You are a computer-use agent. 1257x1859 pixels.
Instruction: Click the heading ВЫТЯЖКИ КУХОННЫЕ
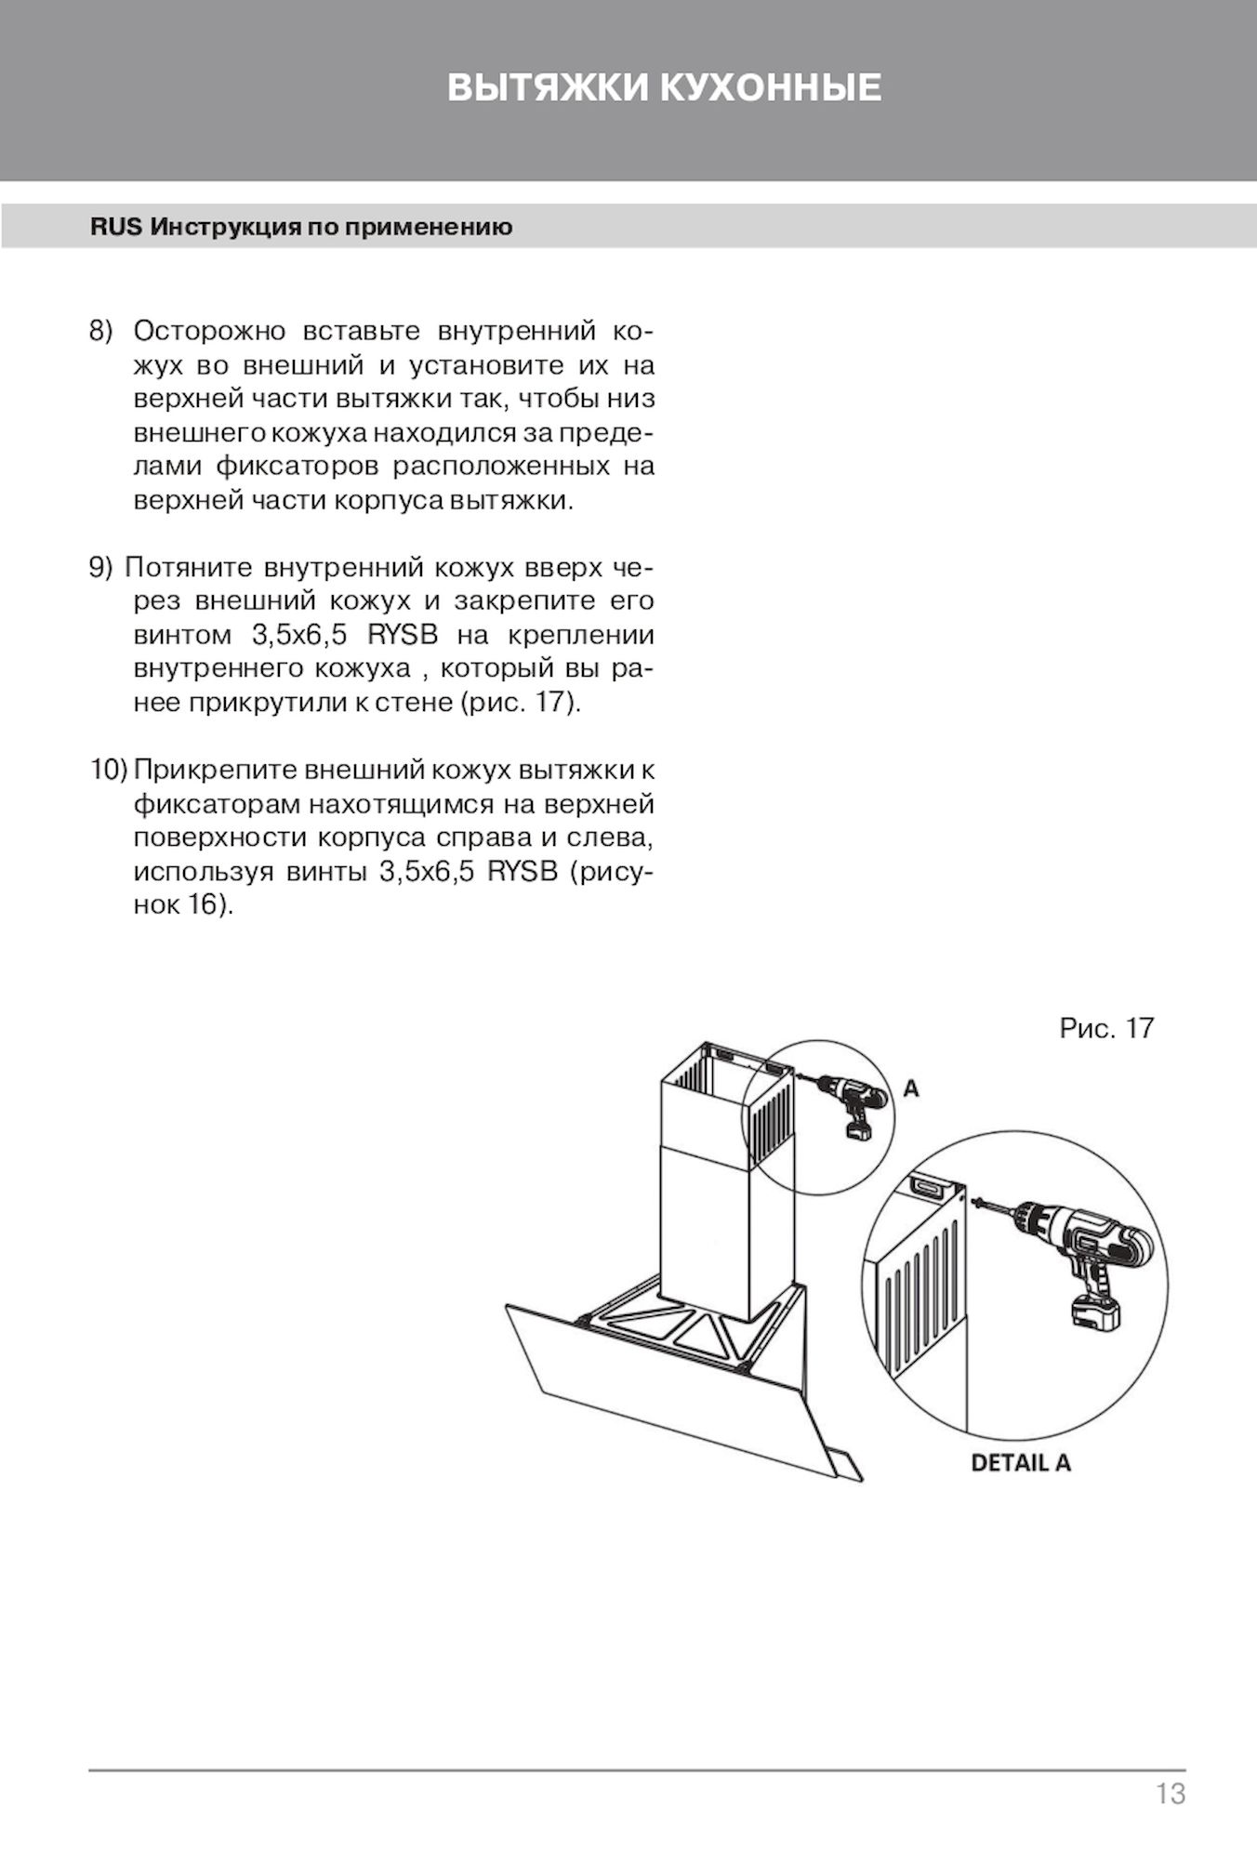pyautogui.click(x=664, y=87)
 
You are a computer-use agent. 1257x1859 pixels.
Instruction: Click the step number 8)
pyautogui.click(x=99, y=332)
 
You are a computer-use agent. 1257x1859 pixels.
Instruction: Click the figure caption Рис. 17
pyautogui.click(x=1106, y=1028)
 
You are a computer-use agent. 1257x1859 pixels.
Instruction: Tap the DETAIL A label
pyautogui.click(x=1021, y=1463)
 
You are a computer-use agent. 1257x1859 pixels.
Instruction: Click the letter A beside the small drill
pyautogui.click(x=911, y=1088)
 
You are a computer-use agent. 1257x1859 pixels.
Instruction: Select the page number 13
pyautogui.click(x=1171, y=1793)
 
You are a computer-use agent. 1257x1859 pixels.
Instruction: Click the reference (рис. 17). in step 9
pyautogui.click(x=521, y=703)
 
